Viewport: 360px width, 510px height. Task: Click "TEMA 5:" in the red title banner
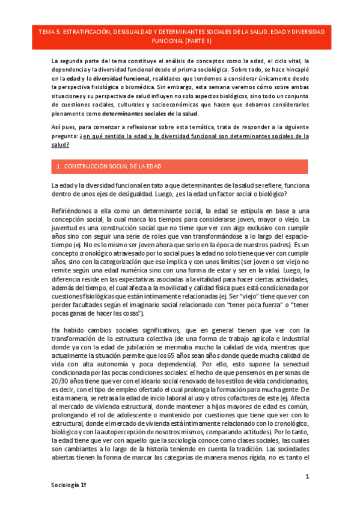pos(47,31)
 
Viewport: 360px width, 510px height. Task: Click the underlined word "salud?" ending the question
pos(61,145)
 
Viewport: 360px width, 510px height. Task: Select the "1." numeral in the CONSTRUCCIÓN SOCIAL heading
pos(58,166)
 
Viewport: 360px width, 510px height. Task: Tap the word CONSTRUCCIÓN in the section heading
pos(88,166)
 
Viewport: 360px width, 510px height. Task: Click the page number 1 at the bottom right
pos(307,477)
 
